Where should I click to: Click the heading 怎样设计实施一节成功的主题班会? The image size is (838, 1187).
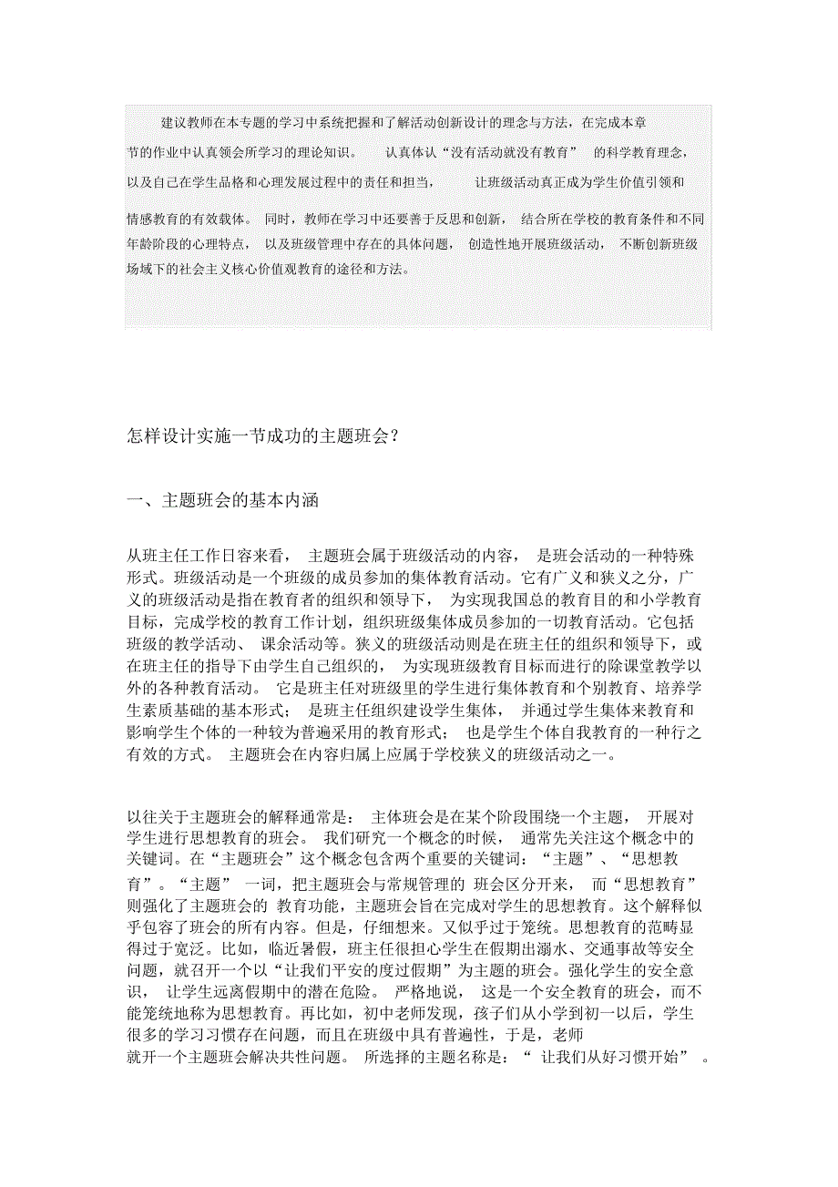(263, 435)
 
